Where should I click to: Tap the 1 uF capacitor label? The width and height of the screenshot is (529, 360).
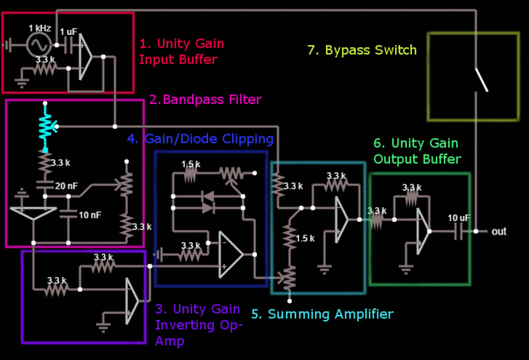tap(69, 32)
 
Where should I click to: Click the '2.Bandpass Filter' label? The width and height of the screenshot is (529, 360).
tap(205, 100)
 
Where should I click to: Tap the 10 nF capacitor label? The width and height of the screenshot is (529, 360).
tap(90, 214)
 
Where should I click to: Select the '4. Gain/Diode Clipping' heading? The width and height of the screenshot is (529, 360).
tap(200, 138)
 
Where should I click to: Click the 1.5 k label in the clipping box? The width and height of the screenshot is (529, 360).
tap(190, 164)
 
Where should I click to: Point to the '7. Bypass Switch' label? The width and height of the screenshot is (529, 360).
tap(362, 50)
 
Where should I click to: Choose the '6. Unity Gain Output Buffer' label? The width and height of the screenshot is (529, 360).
tap(417, 151)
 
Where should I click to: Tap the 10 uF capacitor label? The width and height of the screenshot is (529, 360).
tap(457, 218)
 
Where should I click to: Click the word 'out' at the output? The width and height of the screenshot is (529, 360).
tap(499, 231)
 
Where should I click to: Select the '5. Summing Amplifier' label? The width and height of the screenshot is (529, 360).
tap(322, 314)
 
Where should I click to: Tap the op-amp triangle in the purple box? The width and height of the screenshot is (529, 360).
tap(131, 299)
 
